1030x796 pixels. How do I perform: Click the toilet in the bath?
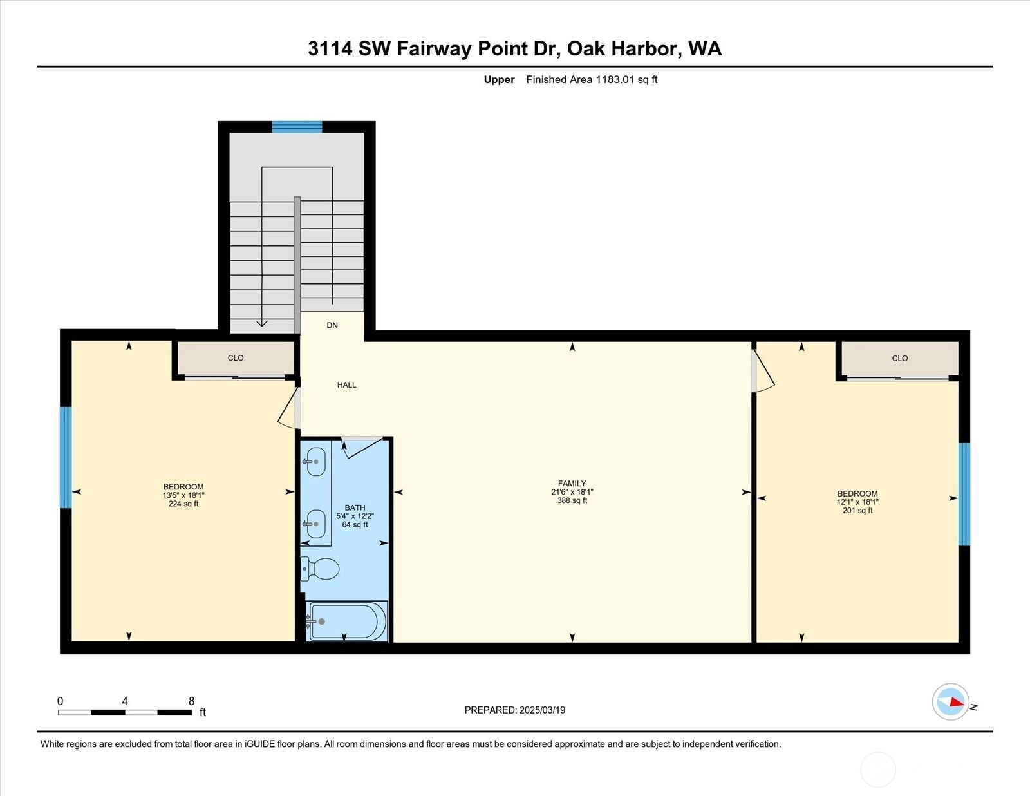tap(321, 569)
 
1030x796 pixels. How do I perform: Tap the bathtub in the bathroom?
tap(346, 621)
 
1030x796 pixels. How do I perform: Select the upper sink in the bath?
tap(314, 460)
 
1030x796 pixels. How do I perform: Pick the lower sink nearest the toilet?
tap(314, 524)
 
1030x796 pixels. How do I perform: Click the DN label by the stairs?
tap(332, 325)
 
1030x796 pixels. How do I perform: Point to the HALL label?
tap(346, 385)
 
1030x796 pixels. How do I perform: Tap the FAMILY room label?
tap(572, 484)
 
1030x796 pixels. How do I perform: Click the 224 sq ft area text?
tap(183, 504)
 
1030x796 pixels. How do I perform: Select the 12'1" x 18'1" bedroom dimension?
tap(857, 502)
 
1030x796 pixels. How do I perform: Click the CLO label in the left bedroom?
tap(236, 358)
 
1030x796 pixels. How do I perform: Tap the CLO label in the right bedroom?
tap(900, 359)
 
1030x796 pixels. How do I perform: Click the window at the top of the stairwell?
tap(297, 127)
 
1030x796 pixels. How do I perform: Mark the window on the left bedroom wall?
tap(66, 457)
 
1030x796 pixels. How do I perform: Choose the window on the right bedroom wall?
tap(964, 495)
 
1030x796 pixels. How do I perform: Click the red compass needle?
tap(957, 702)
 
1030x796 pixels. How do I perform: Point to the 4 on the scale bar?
tap(125, 701)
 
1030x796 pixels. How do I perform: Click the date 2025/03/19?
tap(542, 710)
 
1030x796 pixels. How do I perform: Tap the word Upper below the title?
tap(499, 80)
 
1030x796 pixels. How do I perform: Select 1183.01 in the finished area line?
tap(614, 79)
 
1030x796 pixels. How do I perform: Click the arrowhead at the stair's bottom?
tap(261, 323)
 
